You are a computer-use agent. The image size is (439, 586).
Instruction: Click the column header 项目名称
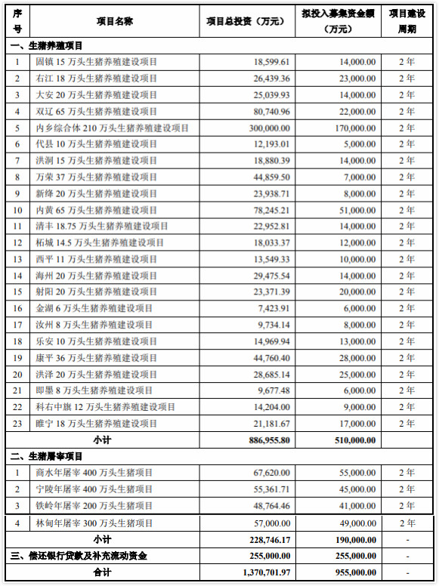point(115,22)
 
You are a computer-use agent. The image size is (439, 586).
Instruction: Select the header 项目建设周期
point(407,22)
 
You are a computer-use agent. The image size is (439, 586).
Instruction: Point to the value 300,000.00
point(264,128)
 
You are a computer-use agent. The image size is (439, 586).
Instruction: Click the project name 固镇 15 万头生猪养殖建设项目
point(97,62)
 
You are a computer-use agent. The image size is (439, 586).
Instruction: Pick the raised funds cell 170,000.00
point(351,128)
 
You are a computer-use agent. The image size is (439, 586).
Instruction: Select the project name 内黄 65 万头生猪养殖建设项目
point(97,210)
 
